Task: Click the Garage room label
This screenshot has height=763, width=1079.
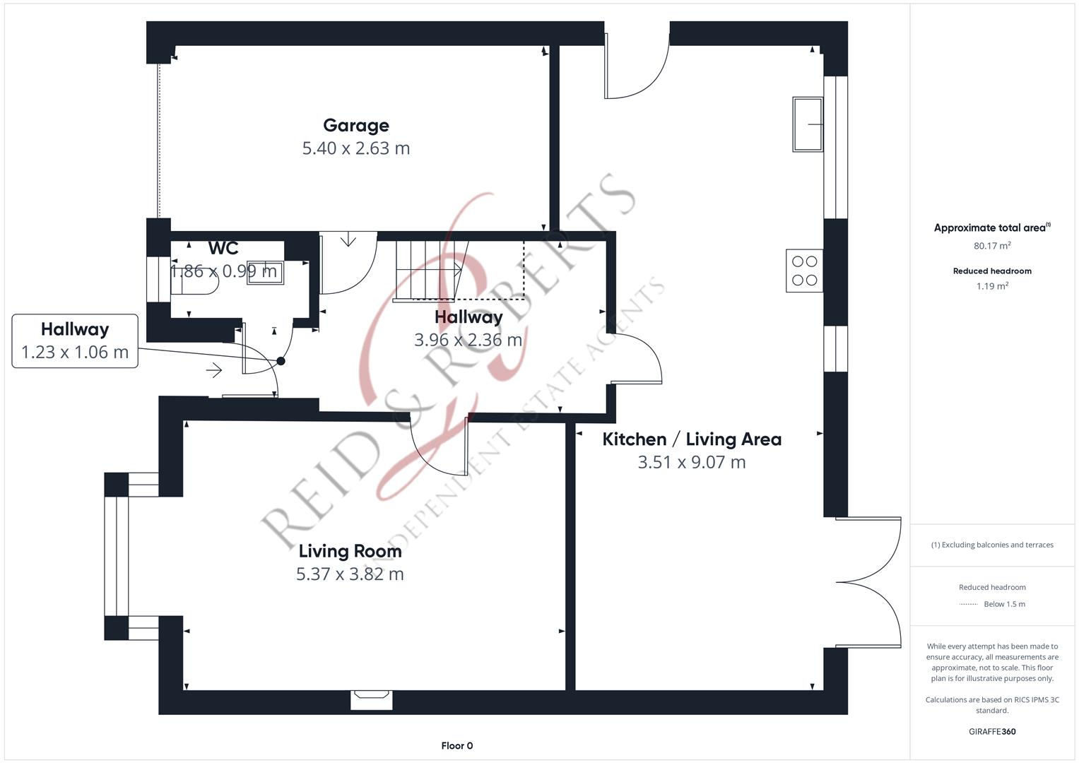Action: pos(356,126)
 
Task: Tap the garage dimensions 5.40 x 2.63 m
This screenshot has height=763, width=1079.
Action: pos(356,148)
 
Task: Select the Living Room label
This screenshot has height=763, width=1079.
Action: pos(350,551)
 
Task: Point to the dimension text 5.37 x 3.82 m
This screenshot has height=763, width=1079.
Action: pos(350,574)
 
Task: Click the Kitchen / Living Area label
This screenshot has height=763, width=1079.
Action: pos(691,439)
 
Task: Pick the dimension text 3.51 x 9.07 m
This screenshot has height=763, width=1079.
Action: pos(691,463)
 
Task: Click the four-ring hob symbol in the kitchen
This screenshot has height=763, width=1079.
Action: pos(804,271)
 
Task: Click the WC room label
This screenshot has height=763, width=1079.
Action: pos(223,249)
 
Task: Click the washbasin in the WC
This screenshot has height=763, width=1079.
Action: pos(266,272)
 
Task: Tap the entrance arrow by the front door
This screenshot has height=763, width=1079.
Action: pos(214,370)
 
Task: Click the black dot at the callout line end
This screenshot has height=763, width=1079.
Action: pos(281,361)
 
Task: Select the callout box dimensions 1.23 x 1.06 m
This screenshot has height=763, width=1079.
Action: pos(75,353)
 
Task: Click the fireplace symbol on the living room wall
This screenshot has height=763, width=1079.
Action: pos(371,699)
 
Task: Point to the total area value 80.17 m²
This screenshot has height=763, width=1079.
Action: pos(992,246)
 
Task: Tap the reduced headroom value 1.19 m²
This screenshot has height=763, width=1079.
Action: pos(992,286)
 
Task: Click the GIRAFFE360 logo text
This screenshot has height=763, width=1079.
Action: pos(992,731)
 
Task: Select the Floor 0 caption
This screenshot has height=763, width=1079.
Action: pos(456,745)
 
